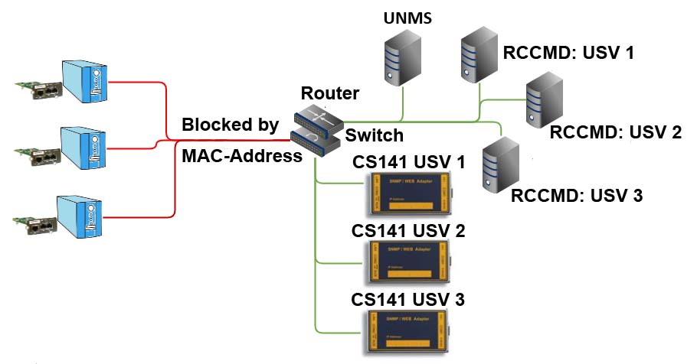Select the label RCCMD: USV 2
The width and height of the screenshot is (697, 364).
[x=615, y=132]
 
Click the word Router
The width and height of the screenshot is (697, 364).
[x=329, y=93]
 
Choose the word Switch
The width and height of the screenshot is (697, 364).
[x=374, y=135]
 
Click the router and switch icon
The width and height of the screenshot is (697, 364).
[x=316, y=128]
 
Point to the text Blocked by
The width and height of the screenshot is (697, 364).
[x=230, y=125]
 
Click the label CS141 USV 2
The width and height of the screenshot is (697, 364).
[x=407, y=230]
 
